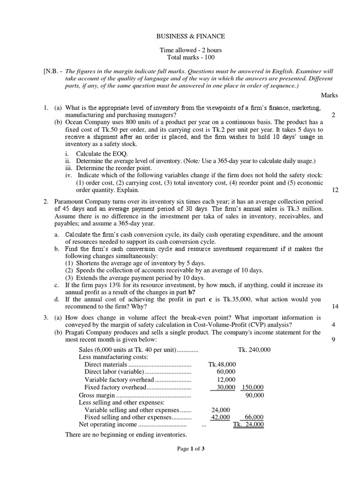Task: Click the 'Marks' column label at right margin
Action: [x=329, y=95]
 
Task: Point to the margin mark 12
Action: [x=334, y=190]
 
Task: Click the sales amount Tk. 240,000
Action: [x=254, y=350]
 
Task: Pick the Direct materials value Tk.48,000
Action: [x=222, y=364]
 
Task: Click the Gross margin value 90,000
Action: [x=255, y=395]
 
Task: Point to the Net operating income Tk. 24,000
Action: [x=248, y=425]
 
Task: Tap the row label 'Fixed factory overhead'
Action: [x=115, y=388]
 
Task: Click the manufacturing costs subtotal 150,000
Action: [x=253, y=388]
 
